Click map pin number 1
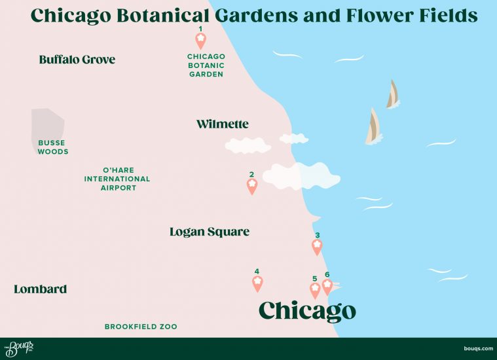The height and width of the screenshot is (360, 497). [x=201, y=41]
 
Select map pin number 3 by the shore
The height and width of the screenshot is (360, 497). [x=317, y=247]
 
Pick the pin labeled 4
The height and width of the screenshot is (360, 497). [x=257, y=283]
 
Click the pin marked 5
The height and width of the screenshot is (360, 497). [x=315, y=290]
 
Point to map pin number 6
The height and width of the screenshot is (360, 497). [x=327, y=286]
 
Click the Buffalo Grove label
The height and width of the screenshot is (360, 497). [x=77, y=60]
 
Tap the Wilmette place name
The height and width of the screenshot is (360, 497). [x=222, y=124]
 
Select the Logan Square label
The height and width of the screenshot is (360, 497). [x=209, y=232]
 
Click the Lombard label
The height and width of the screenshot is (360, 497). [x=40, y=289]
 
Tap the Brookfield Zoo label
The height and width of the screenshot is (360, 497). [x=141, y=326]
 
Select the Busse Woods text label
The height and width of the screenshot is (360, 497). [x=53, y=147]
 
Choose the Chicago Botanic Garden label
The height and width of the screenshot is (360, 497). [x=206, y=65]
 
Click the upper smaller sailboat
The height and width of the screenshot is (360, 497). [x=392, y=95]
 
